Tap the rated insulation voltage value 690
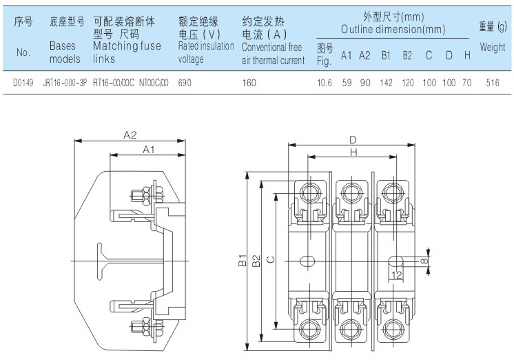pos(185,82)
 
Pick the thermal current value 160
pos(249,82)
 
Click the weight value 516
pos(491,82)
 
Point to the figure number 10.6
pos(325,82)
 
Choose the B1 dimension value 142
pos(386,82)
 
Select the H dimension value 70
pos(466,82)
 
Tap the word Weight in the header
pos(493,48)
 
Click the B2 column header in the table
pos(407,55)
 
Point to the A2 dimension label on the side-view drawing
pos(131,136)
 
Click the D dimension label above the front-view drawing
pos(353,140)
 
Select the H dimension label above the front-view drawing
pos(353,152)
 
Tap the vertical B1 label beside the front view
pos(243,261)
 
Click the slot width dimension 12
pos(397,274)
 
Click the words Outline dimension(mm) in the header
pos(393,30)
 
